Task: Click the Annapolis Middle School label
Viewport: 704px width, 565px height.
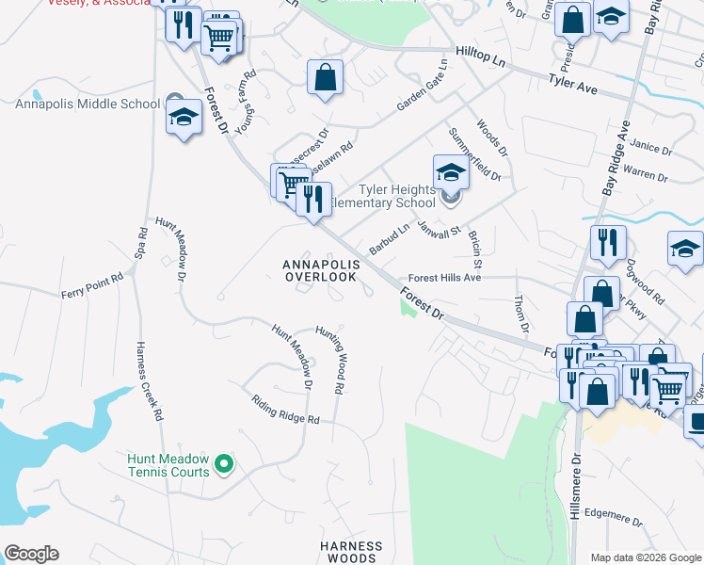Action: [x=88, y=104]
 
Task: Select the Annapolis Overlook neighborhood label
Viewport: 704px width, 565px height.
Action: [x=320, y=270]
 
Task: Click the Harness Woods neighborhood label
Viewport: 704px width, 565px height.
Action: [x=351, y=552]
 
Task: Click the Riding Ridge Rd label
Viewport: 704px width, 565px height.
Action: [x=286, y=409]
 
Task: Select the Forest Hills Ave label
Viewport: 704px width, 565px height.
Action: [x=444, y=278]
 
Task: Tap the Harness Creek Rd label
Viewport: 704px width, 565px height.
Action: [x=150, y=379]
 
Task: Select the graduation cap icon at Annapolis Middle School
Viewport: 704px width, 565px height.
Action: [x=184, y=118]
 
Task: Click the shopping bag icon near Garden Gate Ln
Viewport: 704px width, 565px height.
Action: [x=325, y=78]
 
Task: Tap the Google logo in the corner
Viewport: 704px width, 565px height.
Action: [x=31, y=554]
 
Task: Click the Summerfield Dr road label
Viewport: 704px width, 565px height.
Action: [x=475, y=153]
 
